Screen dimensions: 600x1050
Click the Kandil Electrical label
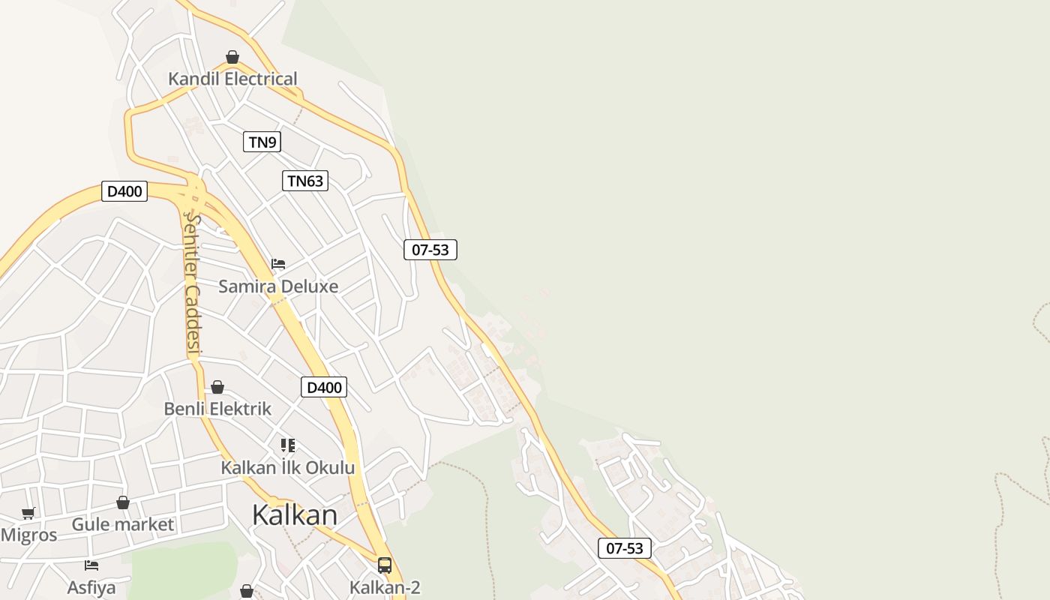tap(232, 79)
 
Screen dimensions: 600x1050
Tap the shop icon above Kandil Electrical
tap(232, 57)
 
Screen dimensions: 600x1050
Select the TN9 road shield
tap(262, 142)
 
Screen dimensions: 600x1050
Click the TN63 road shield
tap(305, 181)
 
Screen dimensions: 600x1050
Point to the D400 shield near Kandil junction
tap(124, 191)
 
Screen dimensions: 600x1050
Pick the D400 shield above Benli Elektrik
tap(324, 387)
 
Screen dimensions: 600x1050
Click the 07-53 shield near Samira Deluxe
tap(430, 250)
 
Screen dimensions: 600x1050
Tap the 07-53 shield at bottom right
tap(625, 548)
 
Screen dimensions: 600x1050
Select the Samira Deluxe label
tap(278, 286)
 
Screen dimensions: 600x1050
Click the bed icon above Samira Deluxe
tap(278, 264)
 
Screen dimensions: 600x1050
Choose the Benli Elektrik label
tap(217, 409)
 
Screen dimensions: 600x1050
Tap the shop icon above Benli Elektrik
tap(217, 387)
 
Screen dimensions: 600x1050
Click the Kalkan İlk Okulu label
tap(287, 468)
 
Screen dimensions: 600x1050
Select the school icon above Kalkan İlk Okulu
tap(288, 445)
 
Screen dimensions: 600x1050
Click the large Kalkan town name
tap(295, 515)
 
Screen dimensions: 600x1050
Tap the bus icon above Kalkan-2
tap(385, 565)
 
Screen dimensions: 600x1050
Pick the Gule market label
tap(123, 524)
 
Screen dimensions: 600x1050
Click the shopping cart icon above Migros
tap(28, 514)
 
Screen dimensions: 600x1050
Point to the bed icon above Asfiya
tap(91, 565)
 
